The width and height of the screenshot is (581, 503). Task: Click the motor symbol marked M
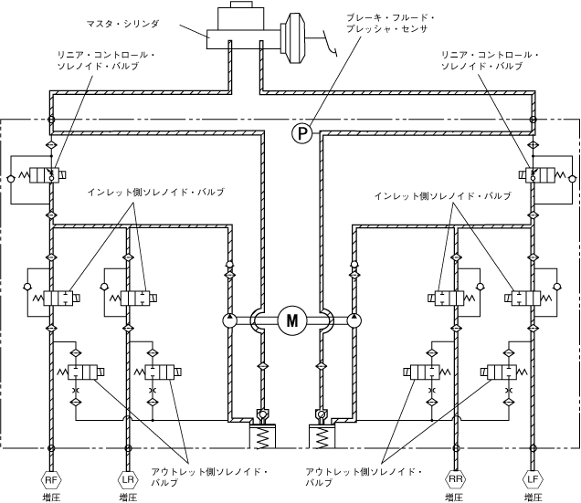click(x=292, y=320)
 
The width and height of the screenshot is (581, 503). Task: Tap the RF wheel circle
click(x=51, y=478)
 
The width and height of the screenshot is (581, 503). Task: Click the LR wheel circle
click(x=127, y=478)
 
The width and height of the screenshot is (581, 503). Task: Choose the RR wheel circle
click(x=454, y=478)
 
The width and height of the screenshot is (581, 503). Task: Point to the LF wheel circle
click(x=532, y=478)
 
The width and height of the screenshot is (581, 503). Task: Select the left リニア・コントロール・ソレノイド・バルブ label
click(x=107, y=61)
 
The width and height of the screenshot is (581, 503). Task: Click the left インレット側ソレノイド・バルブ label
click(x=155, y=193)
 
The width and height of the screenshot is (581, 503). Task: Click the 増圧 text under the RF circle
click(x=51, y=497)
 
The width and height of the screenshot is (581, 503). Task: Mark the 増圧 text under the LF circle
click(x=532, y=497)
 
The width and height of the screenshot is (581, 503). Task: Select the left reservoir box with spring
click(x=262, y=435)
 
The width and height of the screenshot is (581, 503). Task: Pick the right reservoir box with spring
click(x=322, y=436)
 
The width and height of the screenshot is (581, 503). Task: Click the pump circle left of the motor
click(x=229, y=321)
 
